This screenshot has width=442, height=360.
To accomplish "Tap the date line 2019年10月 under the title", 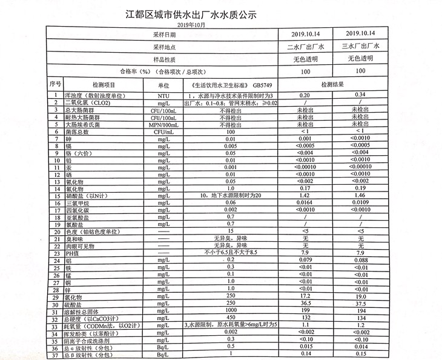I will [x=192, y=25].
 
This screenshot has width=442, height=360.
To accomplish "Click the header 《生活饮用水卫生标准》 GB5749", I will [x=229, y=85].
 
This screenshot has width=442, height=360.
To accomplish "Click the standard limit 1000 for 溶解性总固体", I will [x=229, y=310].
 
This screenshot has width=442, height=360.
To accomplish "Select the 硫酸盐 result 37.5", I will [x=361, y=303].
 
